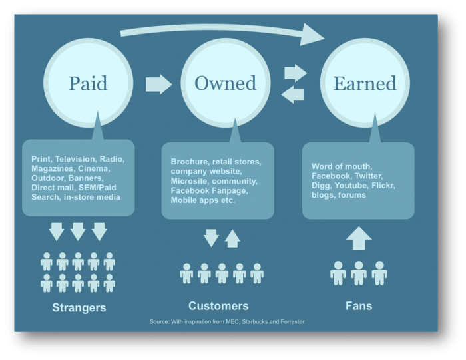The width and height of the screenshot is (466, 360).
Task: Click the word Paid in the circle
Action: [x=88, y=83]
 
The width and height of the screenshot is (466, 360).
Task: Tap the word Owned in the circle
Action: [x=225, y=83]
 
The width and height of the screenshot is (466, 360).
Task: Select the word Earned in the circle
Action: [x=365, y=83]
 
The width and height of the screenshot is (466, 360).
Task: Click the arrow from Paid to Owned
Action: [x=158, y=85]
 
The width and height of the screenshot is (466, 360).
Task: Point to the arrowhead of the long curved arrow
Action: [x=312, y=35]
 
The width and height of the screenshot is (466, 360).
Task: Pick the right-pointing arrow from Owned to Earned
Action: [x=296, y=73]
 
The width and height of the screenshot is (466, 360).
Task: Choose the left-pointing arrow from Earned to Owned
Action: [x=292, y=94]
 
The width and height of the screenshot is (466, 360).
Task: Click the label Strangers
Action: [x=79, y=307]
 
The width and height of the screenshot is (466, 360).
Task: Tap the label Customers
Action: [x=218, y=306]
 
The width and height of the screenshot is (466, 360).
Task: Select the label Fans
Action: [x=359, y=306]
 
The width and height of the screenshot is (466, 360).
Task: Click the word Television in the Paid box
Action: [x=75, y=159]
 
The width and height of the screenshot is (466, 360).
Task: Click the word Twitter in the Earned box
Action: [x=369, y=176]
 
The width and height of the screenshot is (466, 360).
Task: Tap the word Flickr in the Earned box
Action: [x=383, y=186]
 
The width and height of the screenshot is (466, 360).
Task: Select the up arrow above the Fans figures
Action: [x=359, y=238]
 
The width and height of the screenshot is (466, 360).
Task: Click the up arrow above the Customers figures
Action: [x=232, y=238]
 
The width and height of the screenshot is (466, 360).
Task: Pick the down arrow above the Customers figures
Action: [x=211, y=238]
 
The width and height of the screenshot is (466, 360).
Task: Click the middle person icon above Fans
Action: [x=359, y=273]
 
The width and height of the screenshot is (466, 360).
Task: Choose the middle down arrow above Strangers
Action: [x=78, y=232]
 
